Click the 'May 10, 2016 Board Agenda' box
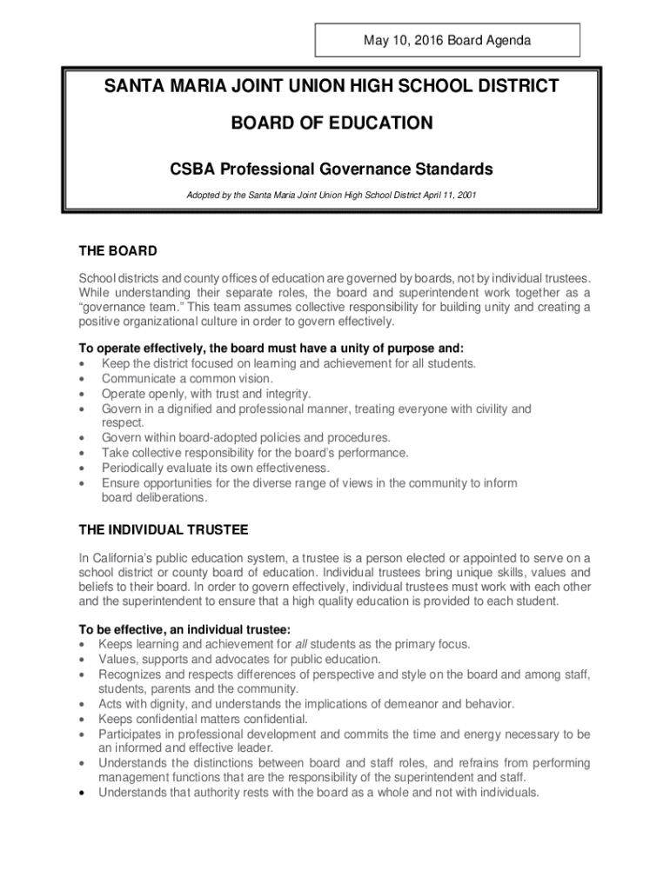pos(446,40)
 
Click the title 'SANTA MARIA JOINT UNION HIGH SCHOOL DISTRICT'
pos(332,86)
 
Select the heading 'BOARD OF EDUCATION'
pos(332,123)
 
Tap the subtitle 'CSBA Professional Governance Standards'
pos(332,169)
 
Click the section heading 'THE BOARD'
pos(117,251)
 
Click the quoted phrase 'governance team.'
pos(121,307)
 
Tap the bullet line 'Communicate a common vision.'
pos(187,378)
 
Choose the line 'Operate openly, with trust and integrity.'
pos(206,393)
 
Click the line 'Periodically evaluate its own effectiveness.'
pos(216,468)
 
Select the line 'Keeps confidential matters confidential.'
pos(203,719)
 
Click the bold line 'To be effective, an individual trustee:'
pos(184,628)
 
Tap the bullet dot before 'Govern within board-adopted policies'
pos(82,438)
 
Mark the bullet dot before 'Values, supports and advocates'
pos(82,660)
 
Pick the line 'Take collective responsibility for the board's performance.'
pos(255,453)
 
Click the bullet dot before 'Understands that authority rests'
pos(82,793)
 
